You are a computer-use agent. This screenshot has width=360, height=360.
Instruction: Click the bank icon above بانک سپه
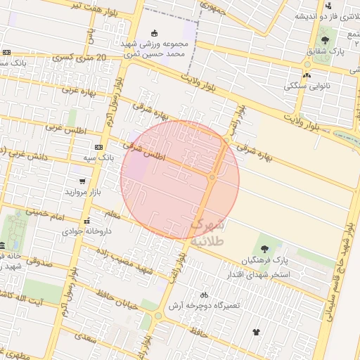(x=98, y=147)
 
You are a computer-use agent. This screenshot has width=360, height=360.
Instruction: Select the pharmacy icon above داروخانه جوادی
(x=86, y=221)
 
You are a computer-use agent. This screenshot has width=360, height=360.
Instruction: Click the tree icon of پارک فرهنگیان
(x=264, y=249)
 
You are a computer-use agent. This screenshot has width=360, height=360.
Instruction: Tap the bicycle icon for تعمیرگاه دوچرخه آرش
(x=204, y=295)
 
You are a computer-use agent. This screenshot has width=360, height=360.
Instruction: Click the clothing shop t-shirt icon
(x=255, y=331)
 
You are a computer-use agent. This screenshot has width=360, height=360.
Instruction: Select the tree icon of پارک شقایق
(x=325, y=40)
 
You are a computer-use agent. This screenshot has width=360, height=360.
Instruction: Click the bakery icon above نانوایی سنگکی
(x=307, y=75)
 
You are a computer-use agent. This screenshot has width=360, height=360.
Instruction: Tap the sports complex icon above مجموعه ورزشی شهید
(x=155, y=32)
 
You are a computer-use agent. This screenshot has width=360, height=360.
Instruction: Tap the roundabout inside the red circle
(x=212, y=176)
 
